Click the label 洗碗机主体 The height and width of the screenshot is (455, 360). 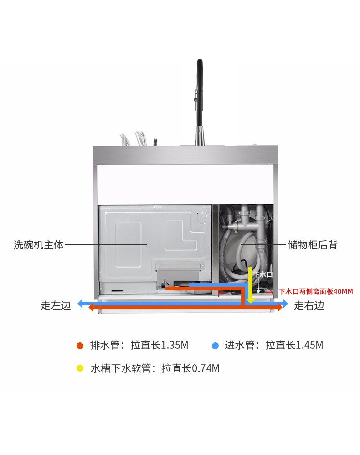coord(39,245)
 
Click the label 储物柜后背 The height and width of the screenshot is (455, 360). coord(313,245)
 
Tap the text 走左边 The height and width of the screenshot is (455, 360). coord(56,305)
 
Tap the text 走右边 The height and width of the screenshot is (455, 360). coord(309,305)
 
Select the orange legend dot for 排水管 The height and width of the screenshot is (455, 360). coord(80,346)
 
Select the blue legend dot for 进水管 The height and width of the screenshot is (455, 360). coord(215,346)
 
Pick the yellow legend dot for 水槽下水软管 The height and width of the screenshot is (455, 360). coord(80,368)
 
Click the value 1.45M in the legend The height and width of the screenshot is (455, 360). coord(309,345)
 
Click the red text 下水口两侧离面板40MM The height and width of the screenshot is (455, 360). coord(316,291)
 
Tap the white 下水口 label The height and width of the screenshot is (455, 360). coord(263,274)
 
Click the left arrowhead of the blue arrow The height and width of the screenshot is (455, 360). coord(80,303)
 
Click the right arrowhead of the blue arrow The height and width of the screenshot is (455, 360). coord(285,303)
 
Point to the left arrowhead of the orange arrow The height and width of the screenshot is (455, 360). coord(91,309)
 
